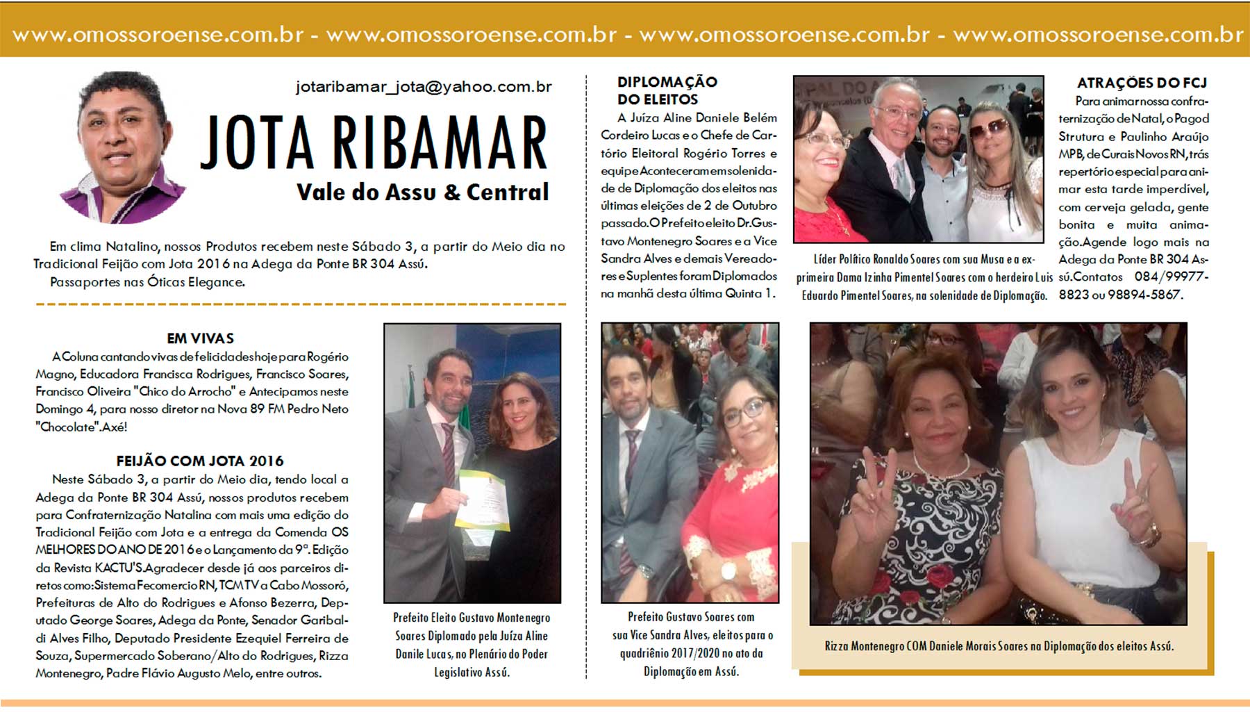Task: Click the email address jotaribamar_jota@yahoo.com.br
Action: tap(424, 87)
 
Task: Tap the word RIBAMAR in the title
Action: tap(440, 144)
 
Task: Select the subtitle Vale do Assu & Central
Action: tap(422, 192)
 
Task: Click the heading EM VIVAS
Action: tap(200, 338)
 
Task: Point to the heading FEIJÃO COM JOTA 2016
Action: tap(200, 461)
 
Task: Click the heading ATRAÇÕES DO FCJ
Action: tap(1142, 83)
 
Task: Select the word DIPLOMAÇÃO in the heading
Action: tap(667, 82)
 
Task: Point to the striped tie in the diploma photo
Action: tap(448, 452)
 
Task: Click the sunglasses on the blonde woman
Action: tap(988, 129)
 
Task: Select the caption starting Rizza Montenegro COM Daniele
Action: tap(999, 646)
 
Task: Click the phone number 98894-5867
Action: tap(1144, 295)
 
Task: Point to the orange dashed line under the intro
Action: tap(300, 304)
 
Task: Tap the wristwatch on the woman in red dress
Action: tap(728, 570)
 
